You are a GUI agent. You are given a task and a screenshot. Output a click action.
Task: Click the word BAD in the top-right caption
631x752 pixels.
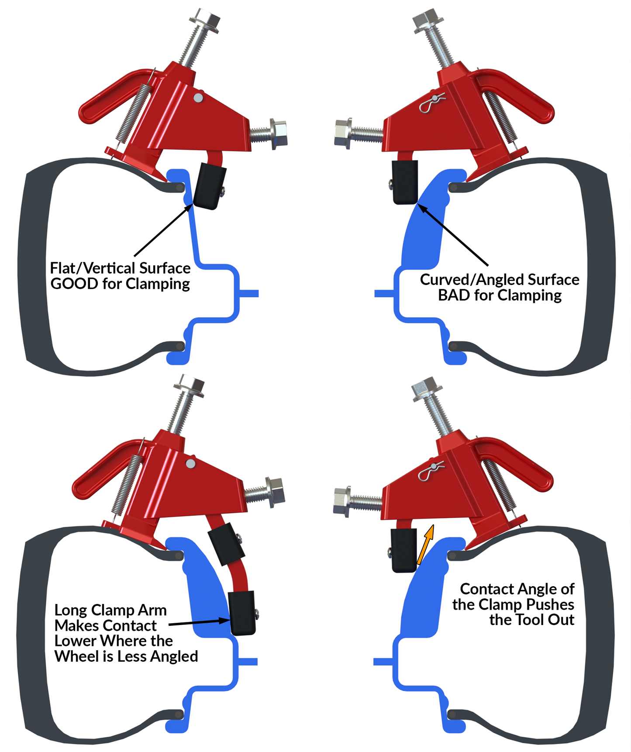(454, 295)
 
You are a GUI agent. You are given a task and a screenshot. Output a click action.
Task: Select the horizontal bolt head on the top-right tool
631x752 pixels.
(344, 133)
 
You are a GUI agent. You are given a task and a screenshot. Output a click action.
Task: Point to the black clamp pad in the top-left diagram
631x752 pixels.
(209, 185)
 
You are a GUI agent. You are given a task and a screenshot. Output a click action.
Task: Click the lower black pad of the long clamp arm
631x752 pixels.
(242, 612)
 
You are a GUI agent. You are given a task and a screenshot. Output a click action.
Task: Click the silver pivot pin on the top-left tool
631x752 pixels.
(198, 97)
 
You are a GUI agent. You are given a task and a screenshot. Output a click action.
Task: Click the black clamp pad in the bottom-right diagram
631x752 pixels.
(403, 550)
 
